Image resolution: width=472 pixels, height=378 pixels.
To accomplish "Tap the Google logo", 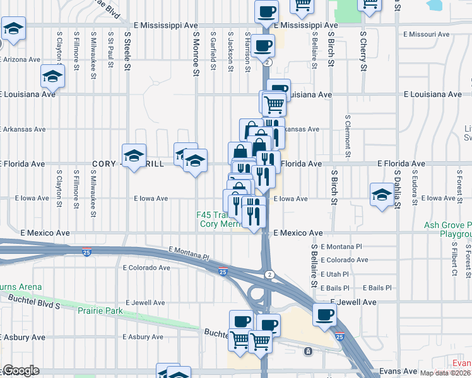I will click(x=20, y=371).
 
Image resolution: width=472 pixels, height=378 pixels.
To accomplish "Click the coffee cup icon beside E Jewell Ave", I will click(x=325, y=314).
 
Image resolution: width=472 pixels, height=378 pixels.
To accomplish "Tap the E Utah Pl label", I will click(x=334, y=274).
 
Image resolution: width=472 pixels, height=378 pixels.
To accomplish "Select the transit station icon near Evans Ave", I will click(x=307, y=350).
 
